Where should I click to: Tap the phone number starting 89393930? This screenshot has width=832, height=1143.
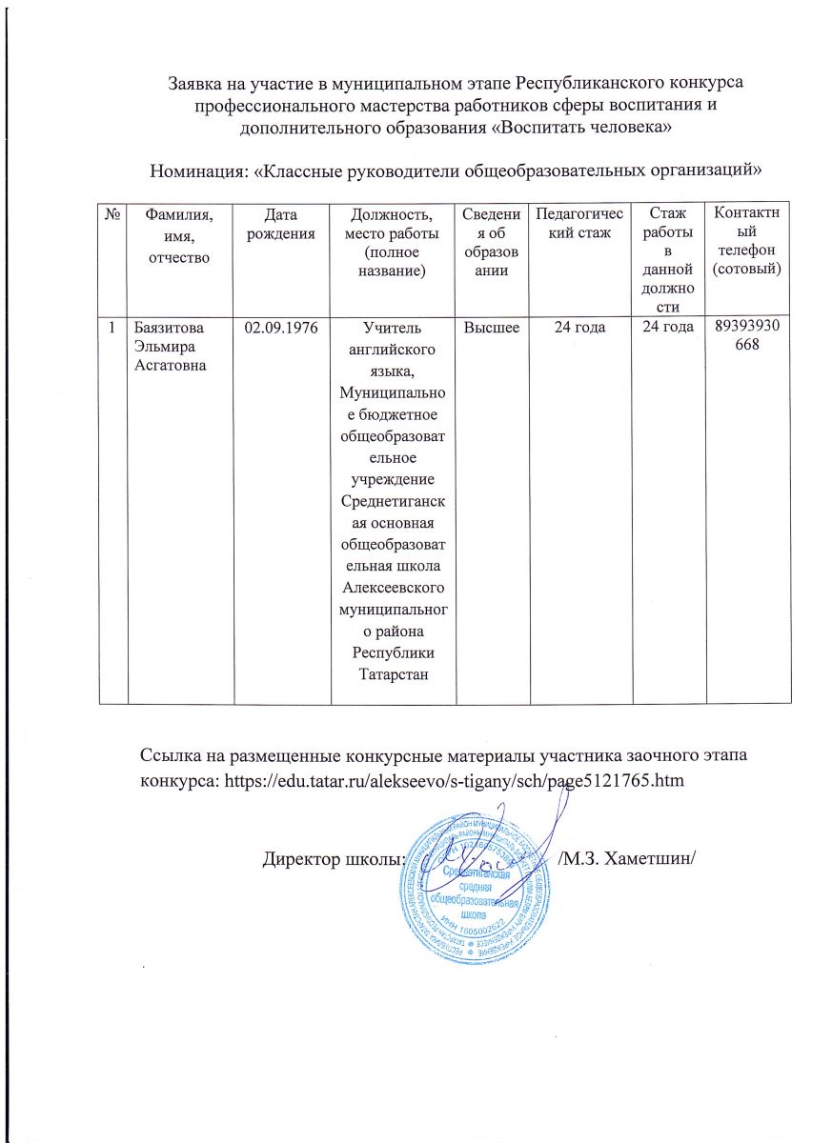coord(745,335)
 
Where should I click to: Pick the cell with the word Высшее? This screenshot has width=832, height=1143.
coord(492,327)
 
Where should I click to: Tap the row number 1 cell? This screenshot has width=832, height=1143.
coord(112,327)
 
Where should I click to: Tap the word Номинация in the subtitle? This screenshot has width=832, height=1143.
coord(196,170)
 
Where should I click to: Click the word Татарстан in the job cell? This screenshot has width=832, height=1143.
coord(393,674)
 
